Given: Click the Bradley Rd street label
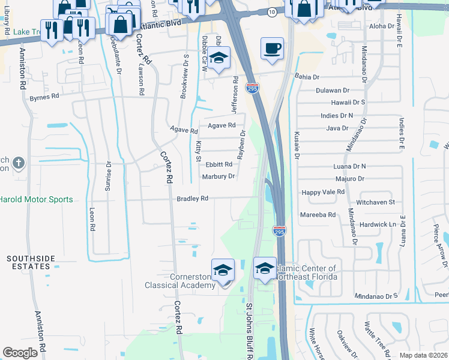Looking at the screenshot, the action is tap(192, 198).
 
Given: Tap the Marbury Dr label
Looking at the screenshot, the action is tap(218, 176).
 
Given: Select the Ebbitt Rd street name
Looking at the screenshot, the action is tap(218, 164).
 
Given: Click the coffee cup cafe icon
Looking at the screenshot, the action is tap(272, 48).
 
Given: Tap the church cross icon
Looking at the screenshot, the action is tap(19, 163).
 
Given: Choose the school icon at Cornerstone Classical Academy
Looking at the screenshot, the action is tap(223, 270).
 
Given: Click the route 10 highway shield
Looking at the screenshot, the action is tap(273, 12).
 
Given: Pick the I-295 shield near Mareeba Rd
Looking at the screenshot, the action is tap(279, 230).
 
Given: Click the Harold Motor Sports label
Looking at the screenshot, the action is tap(36, 200).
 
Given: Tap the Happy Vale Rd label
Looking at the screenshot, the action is tap(323, 192).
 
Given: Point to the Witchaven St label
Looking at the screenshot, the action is tap(375, 203).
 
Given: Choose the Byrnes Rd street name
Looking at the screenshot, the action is tap(45, 96).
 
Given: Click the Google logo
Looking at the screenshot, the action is tap(20, 353).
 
